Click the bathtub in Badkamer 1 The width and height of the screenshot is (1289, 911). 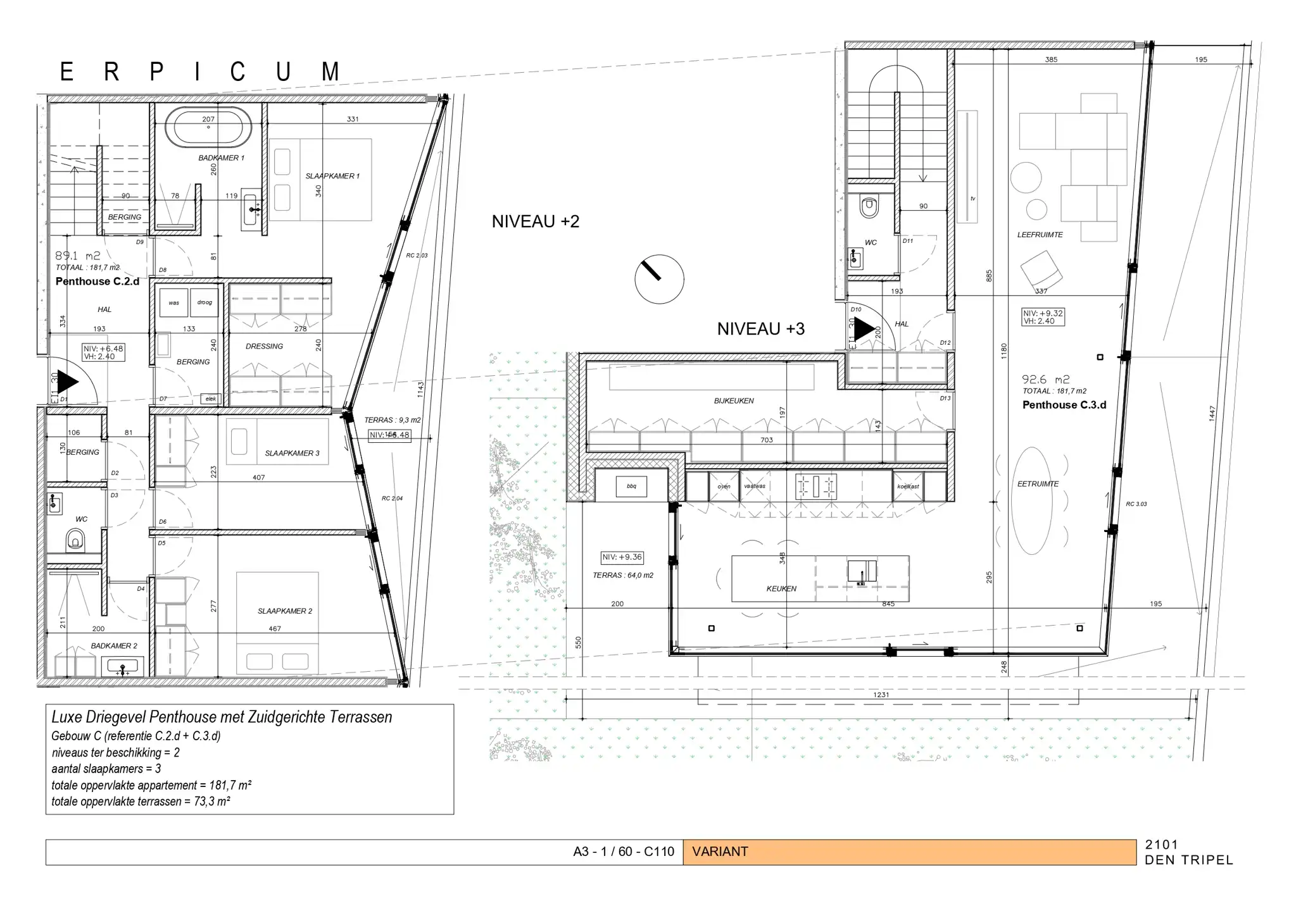point(208,127)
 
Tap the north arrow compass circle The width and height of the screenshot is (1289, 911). point(659,279)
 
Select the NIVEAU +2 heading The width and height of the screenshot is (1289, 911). point(535,221)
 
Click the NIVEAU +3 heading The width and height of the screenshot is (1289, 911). point(760,329)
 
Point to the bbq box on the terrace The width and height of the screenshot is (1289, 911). point(631,486)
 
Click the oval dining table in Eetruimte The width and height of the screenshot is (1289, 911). point(1032,500)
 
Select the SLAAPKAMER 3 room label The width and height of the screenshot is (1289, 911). point(292,453)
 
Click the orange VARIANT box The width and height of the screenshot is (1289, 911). point(909,852)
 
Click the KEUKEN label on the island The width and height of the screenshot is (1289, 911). point(781,588)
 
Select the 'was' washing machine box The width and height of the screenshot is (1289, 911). point(173,302)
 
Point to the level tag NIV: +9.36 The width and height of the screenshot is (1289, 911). point(622,557)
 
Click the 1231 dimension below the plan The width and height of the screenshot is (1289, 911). point(881,695)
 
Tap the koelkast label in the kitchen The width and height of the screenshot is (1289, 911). point(908,486)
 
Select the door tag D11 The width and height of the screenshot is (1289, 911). point(907,241)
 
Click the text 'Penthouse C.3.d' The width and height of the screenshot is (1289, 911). point(1064,405)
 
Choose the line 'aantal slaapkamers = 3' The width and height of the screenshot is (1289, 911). point(106,769)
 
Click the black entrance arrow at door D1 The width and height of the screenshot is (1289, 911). point(67,382)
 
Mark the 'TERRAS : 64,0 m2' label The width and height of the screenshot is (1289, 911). point(622,576)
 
